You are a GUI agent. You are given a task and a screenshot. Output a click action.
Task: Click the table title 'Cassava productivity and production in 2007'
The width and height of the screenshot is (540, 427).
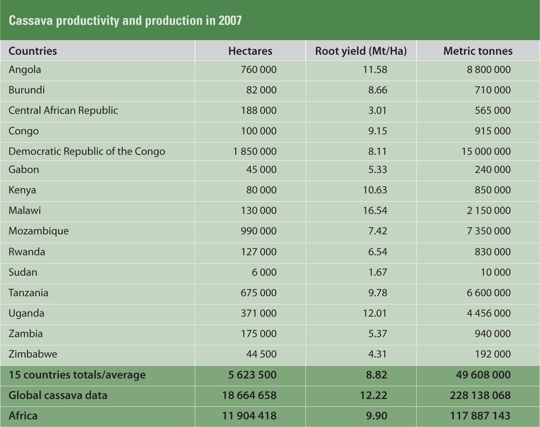coord(125,21)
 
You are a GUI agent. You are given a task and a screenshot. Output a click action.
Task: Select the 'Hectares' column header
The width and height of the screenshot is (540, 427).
coord(250,51)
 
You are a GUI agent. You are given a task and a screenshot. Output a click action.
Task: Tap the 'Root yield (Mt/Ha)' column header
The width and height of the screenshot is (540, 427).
coord(361,51)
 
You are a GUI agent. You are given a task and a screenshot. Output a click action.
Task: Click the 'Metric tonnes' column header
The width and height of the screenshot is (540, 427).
coord(478,51)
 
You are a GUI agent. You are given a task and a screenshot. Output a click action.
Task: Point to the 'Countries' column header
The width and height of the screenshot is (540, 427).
coord(33,51)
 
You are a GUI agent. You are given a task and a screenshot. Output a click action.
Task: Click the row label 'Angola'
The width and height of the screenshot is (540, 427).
coord(25,70)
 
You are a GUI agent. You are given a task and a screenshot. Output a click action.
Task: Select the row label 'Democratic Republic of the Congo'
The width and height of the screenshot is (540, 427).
coord(87,152)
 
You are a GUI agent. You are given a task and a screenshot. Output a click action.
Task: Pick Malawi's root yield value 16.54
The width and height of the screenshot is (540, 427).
coord(375,211)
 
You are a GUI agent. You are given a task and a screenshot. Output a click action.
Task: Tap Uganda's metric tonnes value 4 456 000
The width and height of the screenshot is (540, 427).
coord(488,313)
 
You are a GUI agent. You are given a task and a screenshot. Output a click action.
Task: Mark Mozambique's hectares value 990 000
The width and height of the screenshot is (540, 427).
coord(258,231)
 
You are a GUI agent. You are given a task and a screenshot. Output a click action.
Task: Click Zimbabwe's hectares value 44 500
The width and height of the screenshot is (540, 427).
coord(261,354)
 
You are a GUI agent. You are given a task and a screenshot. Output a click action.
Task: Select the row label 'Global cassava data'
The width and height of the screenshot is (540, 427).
coord(58,396)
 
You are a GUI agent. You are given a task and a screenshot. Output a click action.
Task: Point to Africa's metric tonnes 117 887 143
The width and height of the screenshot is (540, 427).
coord(480,416)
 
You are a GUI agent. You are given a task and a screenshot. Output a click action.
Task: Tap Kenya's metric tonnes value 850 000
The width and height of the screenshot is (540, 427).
coord(493,190)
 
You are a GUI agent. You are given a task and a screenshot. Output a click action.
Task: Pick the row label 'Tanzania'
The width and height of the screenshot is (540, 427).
coord(28,293)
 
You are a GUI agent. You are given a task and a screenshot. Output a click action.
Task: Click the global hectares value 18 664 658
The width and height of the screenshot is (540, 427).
coord(249,396)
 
